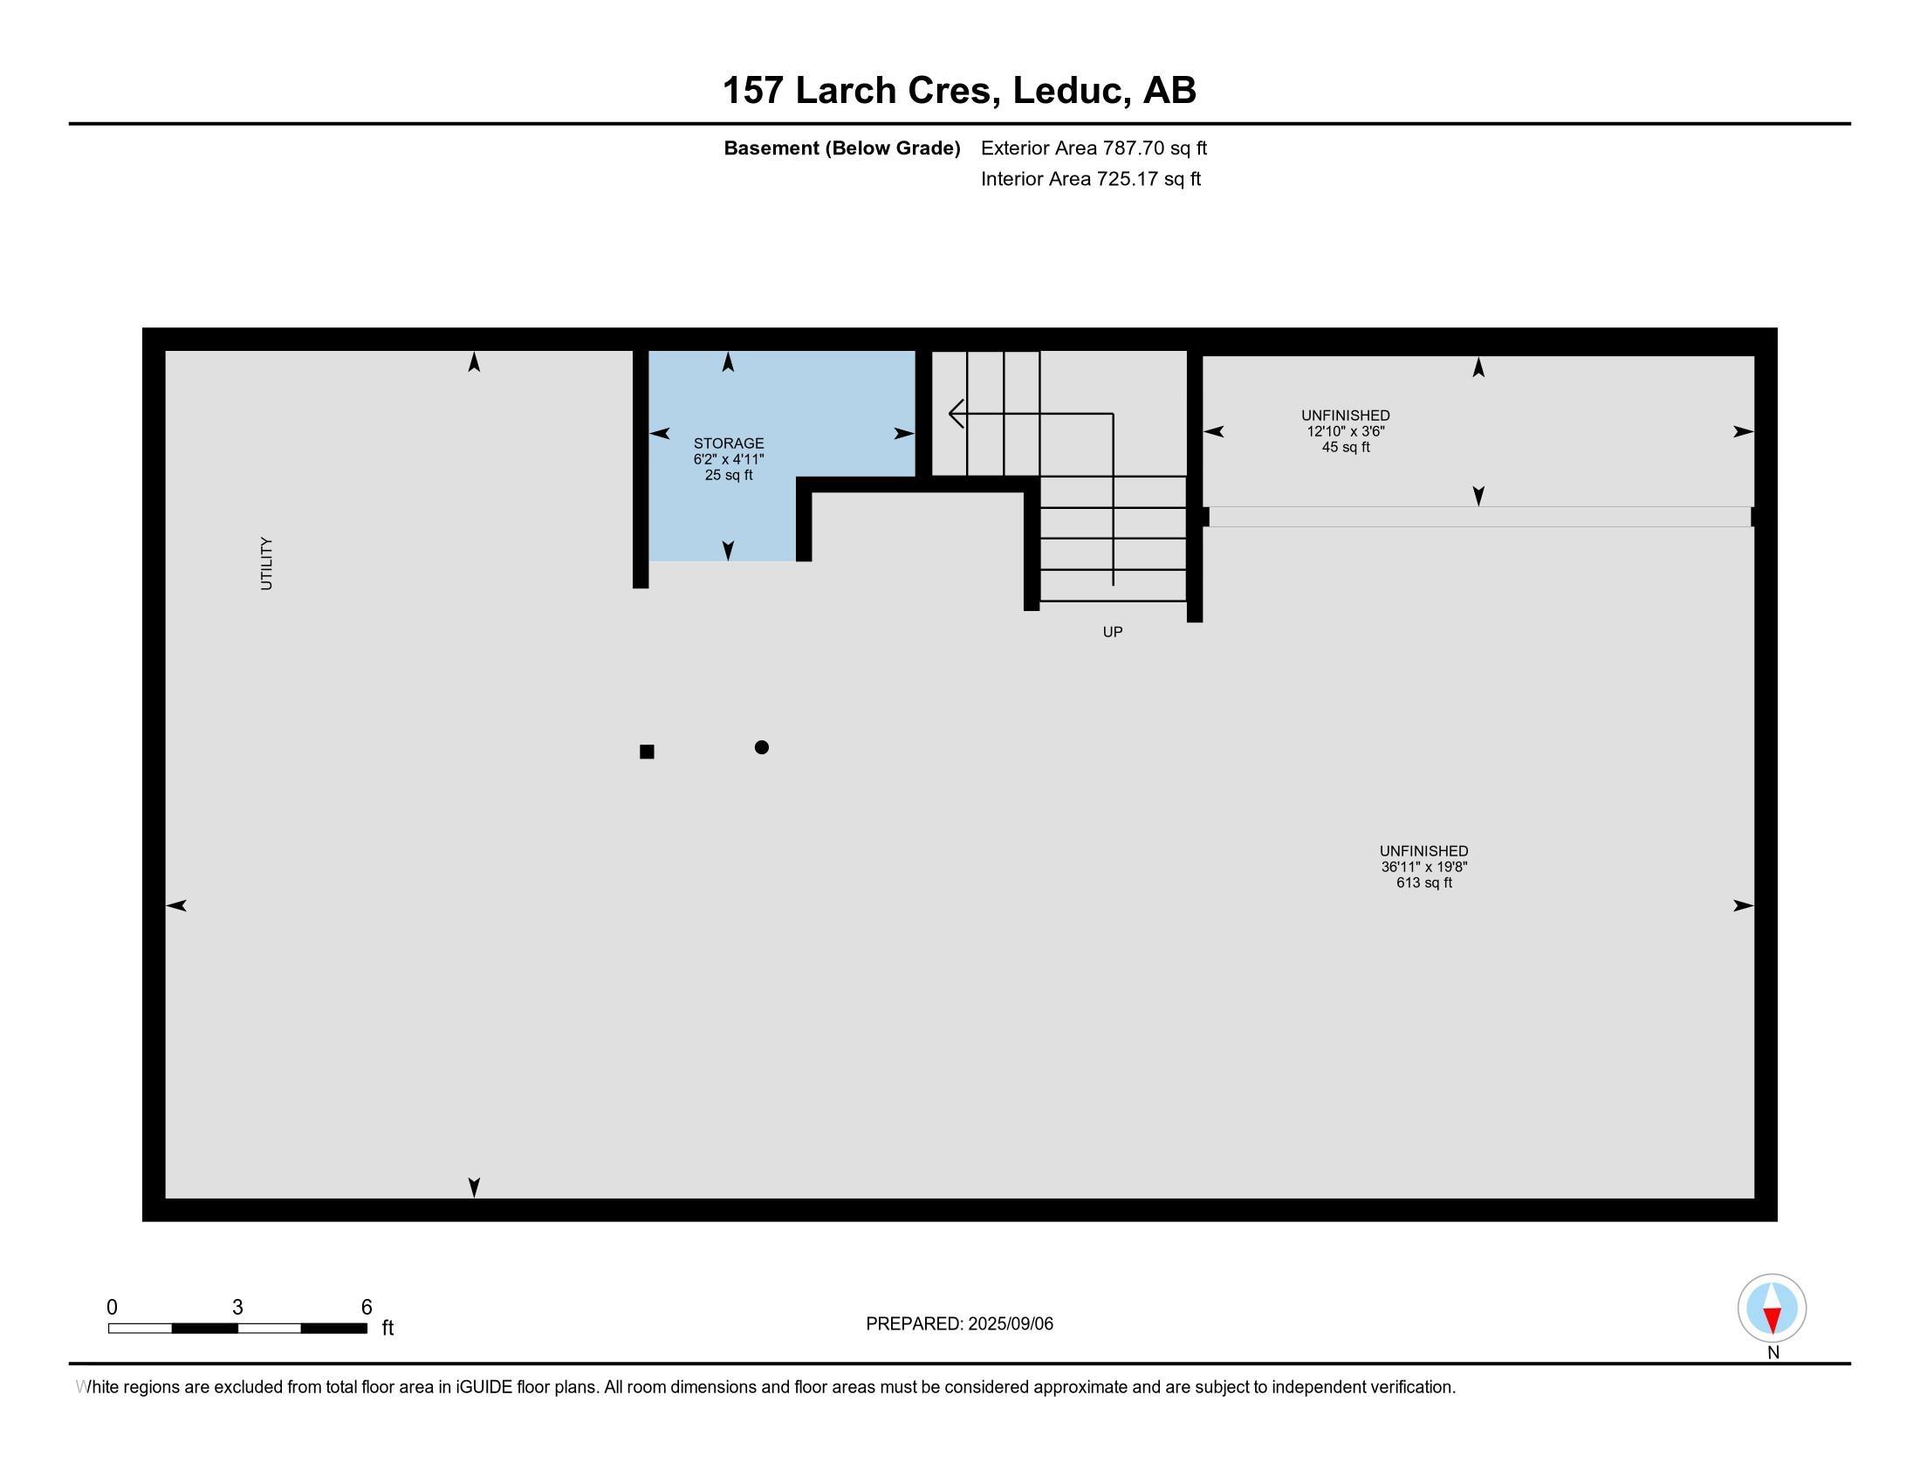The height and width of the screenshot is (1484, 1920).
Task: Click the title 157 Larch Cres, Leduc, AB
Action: click(959, 91)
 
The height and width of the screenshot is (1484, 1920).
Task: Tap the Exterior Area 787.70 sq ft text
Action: click(1094, 148)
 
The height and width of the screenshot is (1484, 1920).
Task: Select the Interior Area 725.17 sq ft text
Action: click(1090, 179)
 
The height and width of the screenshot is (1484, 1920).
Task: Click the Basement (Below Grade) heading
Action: click(841, 148)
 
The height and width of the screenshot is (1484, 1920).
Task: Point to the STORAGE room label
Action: click(728, 444)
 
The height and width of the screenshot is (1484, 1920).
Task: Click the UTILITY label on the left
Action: click(266, 564)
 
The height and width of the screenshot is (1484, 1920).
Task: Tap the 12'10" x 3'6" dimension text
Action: click(1345, 431)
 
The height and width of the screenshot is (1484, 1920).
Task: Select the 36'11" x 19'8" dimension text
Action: click(1423, 867)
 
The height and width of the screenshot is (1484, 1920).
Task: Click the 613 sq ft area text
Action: click(1423, 883)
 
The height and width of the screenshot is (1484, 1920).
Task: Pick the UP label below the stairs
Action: click(1112, 632)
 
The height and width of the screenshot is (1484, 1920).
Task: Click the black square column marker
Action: click(647, 752)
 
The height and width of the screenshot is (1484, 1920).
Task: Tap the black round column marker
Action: click(761, 747)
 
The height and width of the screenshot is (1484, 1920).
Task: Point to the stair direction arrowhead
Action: click(957, 413)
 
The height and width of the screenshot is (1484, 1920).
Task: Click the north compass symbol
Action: click(1772, 1309)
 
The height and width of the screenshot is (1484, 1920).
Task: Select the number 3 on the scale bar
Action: click(237, 1308)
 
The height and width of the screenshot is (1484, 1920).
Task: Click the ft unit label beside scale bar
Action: click(387, 1328)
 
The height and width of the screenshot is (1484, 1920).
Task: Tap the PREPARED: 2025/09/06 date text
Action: click(959, 1324)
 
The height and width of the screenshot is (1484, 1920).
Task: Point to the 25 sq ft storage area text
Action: click(728, 476)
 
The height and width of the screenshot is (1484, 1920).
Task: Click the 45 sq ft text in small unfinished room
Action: click(1345, 448)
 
